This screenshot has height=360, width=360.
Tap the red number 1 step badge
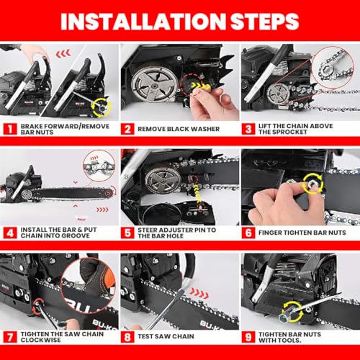tap(9, 130)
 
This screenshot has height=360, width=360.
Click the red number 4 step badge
tap(9, 233)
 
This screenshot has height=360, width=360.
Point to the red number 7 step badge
tap(9, 336)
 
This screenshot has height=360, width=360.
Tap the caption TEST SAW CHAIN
tap(168, 336)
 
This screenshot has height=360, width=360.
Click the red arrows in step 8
tap(199, 294)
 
